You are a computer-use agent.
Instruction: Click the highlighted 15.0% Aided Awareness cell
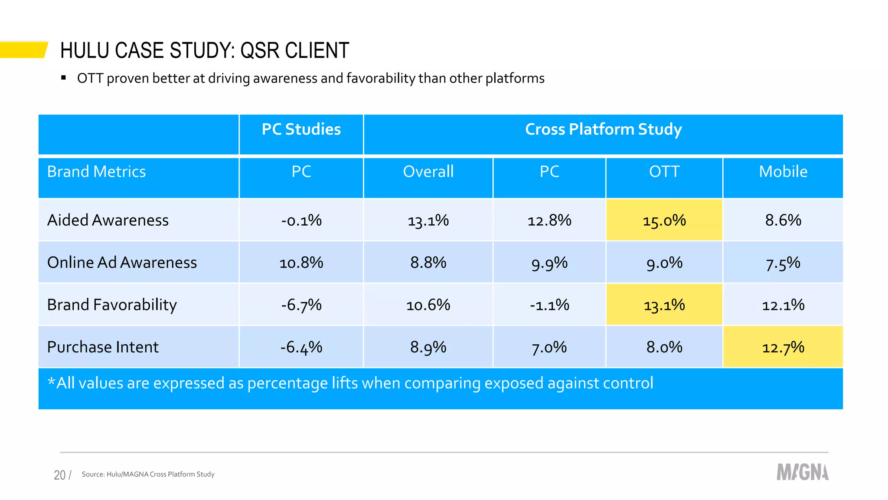click(x=664, y=220)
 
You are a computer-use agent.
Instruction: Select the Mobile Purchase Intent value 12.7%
click(x=783, y=347)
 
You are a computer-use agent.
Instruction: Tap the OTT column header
click(x=664, y=172)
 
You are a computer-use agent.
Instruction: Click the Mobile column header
click(x=783, y=172)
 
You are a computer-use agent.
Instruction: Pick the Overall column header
click(x=428, y=172)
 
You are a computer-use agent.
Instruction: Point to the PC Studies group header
click(x=301, y=129)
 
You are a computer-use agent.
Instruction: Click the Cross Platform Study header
click(x=603, y=129)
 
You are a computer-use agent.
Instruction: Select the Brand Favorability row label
click(x=112, y=305)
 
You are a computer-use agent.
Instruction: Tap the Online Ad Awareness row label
click(x=122, y=263)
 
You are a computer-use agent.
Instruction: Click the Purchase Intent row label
click(x=103, y=347)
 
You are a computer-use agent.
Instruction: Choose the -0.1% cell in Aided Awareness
click(x=301, y=220)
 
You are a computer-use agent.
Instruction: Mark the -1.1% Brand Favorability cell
click(x=549, y=305)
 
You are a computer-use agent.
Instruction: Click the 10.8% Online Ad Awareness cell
click(x=301, y=263)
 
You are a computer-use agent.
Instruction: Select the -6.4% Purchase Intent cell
click(x=301, y=347)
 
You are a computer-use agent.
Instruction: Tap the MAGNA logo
click(x=802, y=472)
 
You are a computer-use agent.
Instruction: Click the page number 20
click(x=60, y=475)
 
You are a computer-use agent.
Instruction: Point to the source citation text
click(x=148, y=474)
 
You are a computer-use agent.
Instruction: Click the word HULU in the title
click(x=85, y=50)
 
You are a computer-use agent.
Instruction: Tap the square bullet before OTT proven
click(x=64, y=78)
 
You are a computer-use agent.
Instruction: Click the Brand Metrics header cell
click(x=96, y=172)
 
